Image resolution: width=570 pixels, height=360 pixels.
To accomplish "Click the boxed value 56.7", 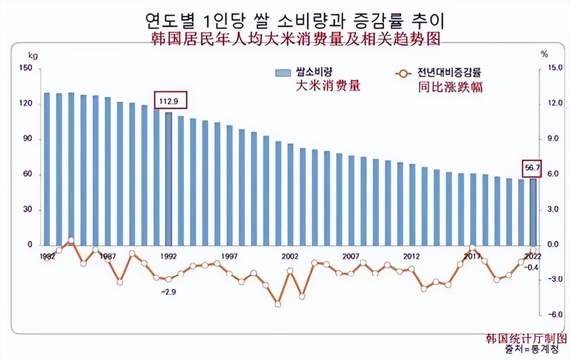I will click(532, 168).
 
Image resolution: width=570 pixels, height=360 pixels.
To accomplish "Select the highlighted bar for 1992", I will click(168, 178).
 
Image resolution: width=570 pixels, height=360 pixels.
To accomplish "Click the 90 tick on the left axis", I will click(28, 139).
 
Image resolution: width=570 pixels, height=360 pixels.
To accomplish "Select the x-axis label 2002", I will click(290, 257).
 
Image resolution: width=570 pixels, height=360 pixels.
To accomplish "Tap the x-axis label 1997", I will click(229, 257).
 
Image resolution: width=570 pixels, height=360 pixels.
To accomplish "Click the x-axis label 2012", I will click(411, 257).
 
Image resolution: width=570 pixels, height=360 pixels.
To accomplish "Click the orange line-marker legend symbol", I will click(403, 74).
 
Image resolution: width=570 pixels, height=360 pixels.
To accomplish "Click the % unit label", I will click(544, 54).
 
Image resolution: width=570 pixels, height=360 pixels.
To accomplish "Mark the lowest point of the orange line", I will click(278, 304).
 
